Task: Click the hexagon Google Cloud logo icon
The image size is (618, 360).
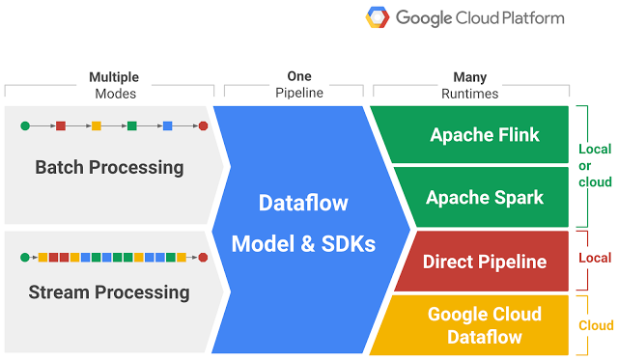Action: tap(378, 18)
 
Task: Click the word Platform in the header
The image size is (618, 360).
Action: tap(525, 18)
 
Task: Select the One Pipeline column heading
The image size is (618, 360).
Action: tap(299, 85)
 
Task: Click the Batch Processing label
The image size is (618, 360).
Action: tap(109, 167)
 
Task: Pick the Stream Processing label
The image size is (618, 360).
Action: tap(109, 291)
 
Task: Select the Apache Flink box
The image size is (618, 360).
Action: tap(485, 134)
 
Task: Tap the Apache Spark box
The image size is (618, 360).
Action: tap(485, 197)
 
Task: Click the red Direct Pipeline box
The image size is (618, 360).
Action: tap(485, 262)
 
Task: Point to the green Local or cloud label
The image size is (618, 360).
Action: tap(595, 166)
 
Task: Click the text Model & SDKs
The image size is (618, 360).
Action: tap(302, 244)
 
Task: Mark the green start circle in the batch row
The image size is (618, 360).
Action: tap(25, 125)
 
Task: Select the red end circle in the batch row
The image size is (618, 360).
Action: tap(203, 125)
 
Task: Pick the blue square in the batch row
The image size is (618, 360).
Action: tap(167, 125)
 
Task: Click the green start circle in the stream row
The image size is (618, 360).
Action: tap(25, 257)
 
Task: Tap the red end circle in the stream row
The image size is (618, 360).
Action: tap(203, 257)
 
